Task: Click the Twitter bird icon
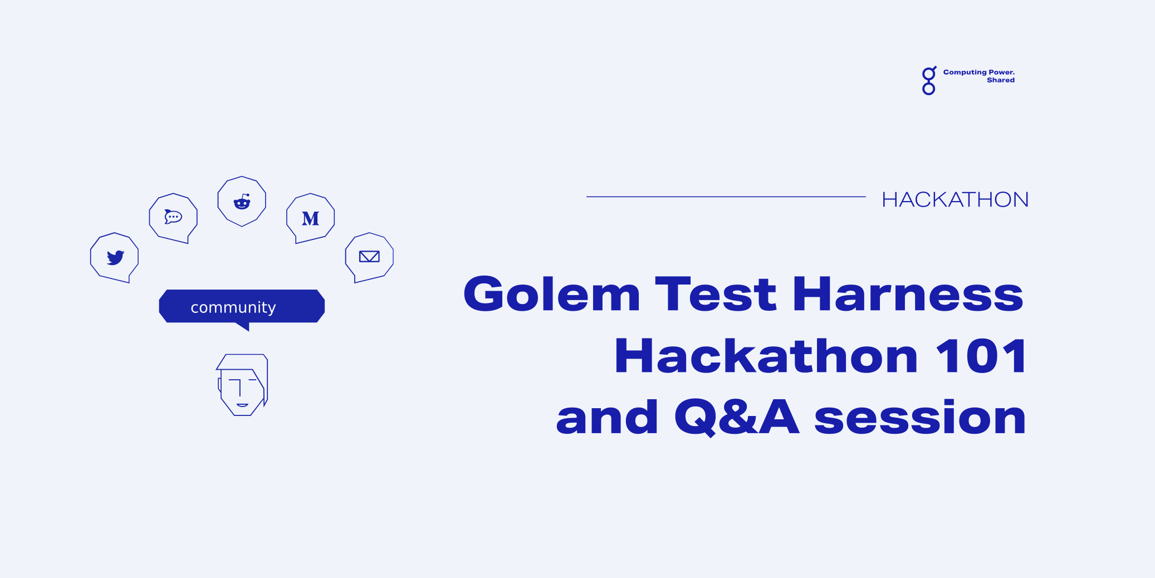click(115, 257)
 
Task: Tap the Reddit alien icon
click(242, 202)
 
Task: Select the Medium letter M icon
click(311, 219)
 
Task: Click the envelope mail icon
click(369, 257)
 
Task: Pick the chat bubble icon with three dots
click(173, 217)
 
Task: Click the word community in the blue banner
click(233, 307)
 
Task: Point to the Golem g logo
click(929, 81)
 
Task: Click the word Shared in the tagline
click(1001, 80)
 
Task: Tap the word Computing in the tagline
click(965, 72)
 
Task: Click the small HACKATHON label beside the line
click(955, 199)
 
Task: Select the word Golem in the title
click(552, 293)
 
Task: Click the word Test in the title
click(716, 293)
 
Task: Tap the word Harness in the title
click(908, 293)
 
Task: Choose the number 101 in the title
click(981, 355)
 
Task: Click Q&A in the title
click(737, 417)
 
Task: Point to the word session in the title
click(920, 417)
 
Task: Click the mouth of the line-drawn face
click(242, 405)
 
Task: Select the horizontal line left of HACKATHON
click(726, 197)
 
